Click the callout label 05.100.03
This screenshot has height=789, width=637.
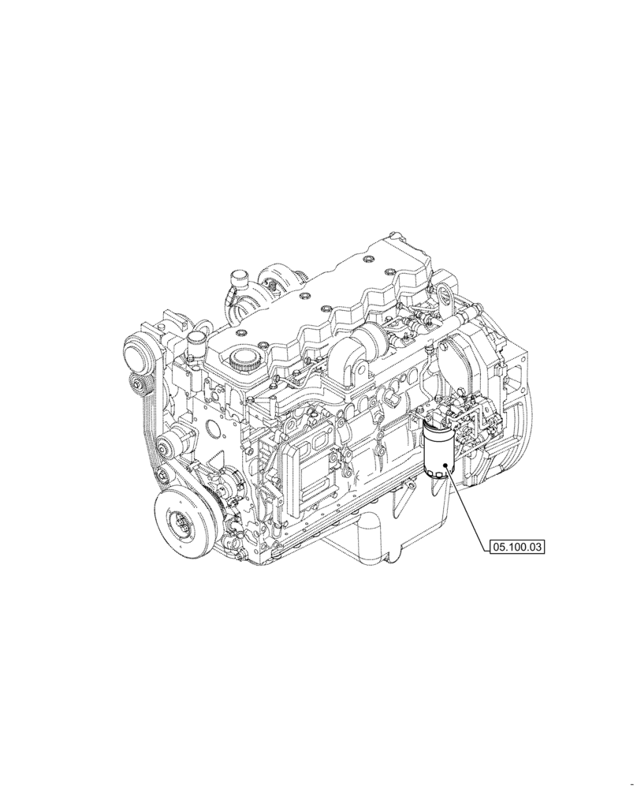518,545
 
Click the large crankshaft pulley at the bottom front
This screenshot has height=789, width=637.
184,522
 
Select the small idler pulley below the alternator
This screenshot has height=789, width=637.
140,387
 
